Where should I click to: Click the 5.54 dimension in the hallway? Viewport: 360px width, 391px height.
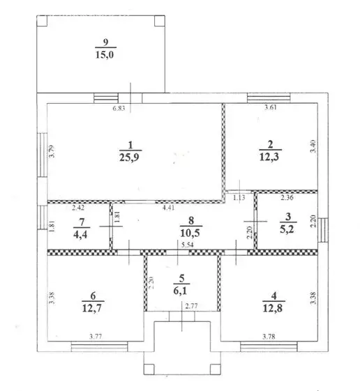click(x=186, y=247)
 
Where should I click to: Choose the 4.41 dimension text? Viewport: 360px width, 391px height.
click(x=168, y=207)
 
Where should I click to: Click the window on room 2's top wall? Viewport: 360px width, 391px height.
click(x=264, y=97)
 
